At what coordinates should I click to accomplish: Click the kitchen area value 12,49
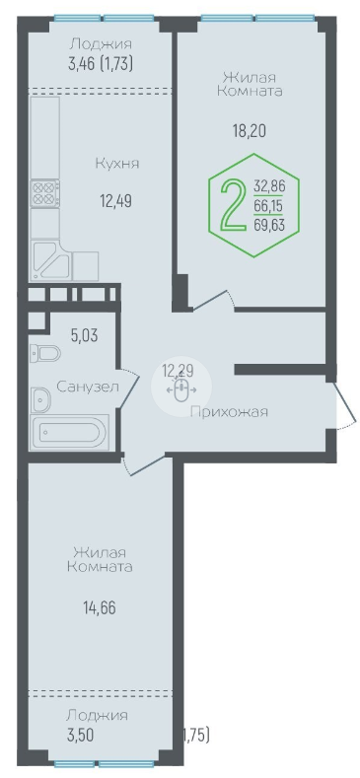(115, 201)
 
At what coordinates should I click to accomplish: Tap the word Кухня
(117, 164)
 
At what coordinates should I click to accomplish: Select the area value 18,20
(250, 130)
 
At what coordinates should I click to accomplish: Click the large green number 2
(233, 204)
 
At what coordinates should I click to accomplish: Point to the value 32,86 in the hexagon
(269, 186)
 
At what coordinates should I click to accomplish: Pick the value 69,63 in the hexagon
(269, 225)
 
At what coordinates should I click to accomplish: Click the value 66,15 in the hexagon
(269, 206)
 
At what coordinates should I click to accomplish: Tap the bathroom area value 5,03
(84, 336)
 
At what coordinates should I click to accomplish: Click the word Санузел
(88, 387)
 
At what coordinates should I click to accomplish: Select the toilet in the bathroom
(44, 353)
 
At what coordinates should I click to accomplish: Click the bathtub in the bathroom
(69, 433)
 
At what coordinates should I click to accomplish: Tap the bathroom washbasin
(39, 400)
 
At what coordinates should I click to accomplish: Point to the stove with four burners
(45, 194)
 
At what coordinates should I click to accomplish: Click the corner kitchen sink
(50, 260)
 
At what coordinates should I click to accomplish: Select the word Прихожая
(230, 412)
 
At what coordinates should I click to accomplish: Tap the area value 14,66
(100, 607)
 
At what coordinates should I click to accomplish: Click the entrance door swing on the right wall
(344, 404)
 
